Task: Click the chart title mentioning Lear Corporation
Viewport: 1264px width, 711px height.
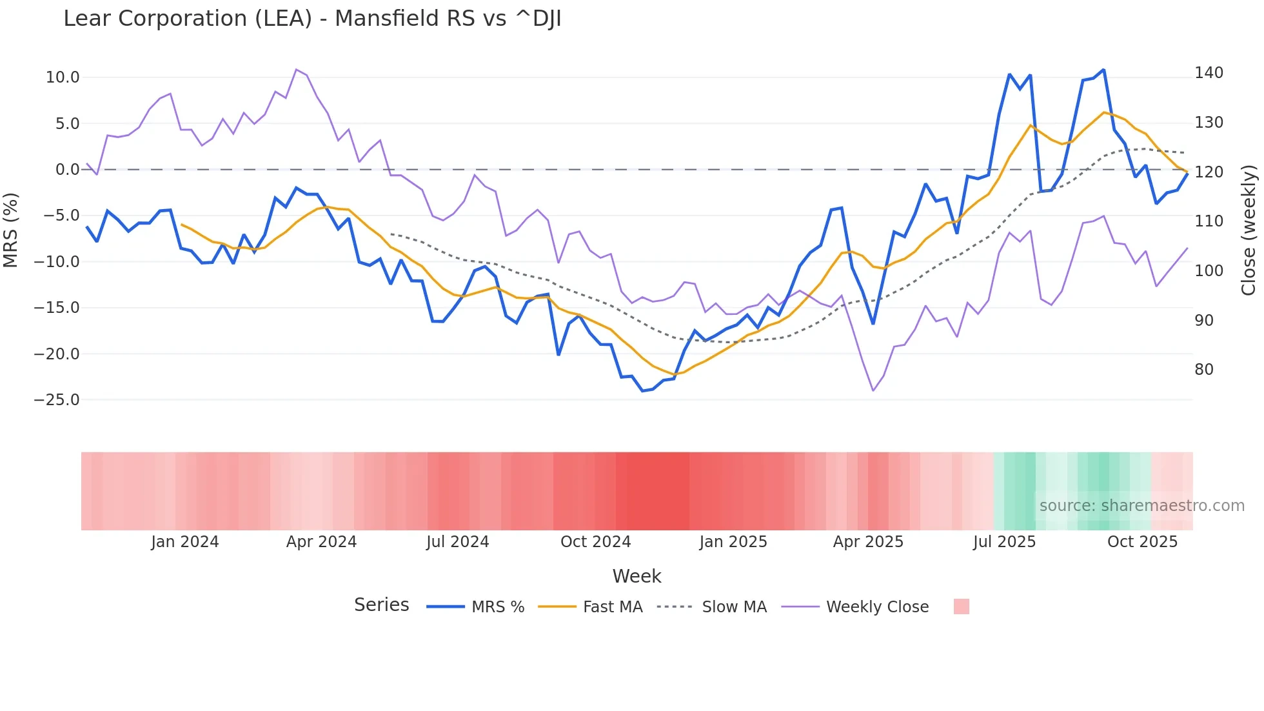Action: click(x=312, y=19)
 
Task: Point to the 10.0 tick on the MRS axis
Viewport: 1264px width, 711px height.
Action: click(x=63, y=77)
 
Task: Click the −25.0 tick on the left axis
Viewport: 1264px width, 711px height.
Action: click(x=57, y=400)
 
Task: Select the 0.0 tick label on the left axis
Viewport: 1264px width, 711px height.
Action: click(x=67, y=170)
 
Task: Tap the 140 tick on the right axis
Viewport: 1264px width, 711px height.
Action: click(x=1209, y=73)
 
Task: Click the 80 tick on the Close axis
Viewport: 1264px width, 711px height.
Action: click(x=1204, y=370)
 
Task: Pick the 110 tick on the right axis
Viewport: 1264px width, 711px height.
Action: click(x=1209, y=221)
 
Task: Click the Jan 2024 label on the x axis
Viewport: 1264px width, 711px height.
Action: click(x=185, y=542)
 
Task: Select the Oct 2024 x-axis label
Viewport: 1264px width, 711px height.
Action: click(x=595, y=542)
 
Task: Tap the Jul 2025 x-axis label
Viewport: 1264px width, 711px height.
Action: click(x=1004, y=542)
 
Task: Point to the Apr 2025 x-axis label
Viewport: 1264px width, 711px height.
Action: click(x=868, y=542)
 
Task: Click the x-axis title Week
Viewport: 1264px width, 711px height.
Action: click(x=637, y=576)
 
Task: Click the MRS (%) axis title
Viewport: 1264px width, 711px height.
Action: click(x=11, y=230)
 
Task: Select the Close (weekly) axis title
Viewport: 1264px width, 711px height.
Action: click(x=1249, y=230)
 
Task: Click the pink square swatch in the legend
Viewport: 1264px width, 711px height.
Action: click(x=962, y=606)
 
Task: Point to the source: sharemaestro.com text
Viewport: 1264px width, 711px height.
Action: click(x=1141, y=506)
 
